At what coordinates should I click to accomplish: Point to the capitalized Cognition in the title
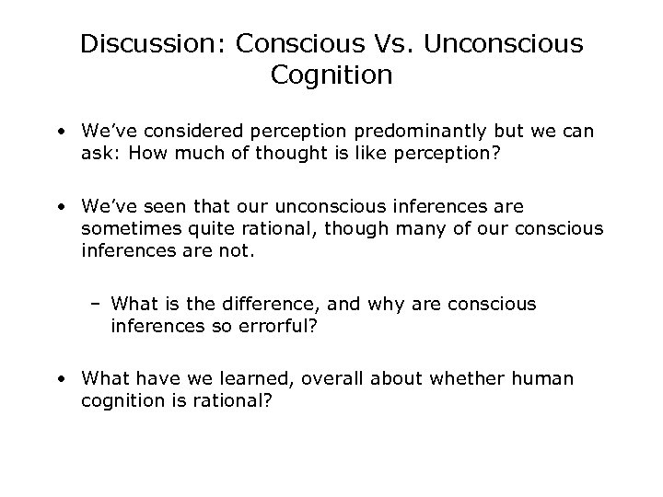331,75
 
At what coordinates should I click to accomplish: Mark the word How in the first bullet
145,153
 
